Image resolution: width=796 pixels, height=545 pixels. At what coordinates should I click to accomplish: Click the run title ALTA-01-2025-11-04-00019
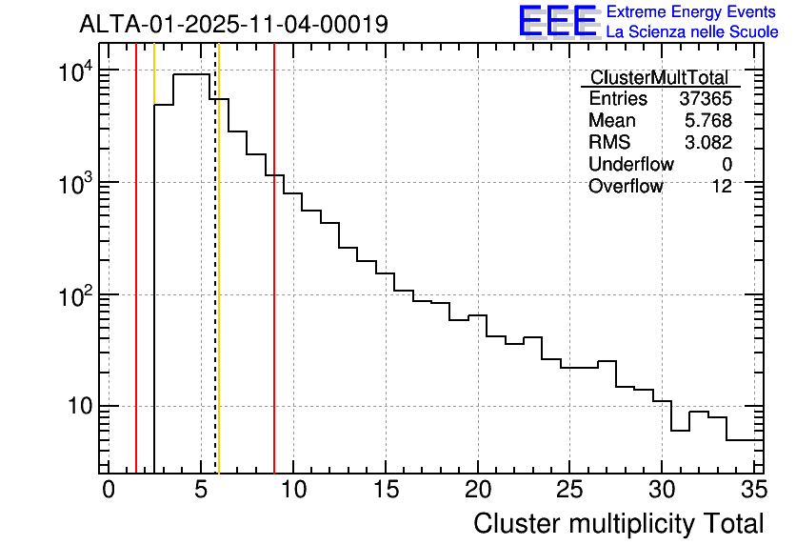pyautogui.click(x=233, y=24)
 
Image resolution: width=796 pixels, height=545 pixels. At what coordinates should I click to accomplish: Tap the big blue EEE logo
pyautogui.click(x=557, y=21)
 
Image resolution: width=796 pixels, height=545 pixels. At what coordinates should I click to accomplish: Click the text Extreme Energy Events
pyautogui.click(x=690, y=12)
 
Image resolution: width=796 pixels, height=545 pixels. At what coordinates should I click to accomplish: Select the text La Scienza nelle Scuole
pyautogui.click(x=692, y=32)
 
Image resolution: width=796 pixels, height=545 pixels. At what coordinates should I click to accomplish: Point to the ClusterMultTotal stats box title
pyautogui.click(x=659, y=78)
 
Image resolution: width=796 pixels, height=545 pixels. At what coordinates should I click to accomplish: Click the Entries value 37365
pyautogui.click(x=706, y=99)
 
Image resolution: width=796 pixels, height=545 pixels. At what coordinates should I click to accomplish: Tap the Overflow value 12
pyautogui.click(x=722, y=187)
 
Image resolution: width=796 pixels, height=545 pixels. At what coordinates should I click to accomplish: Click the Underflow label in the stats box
pyautogui.click(x=630, y=165)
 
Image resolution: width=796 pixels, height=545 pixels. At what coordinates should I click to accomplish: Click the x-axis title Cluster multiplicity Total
pyautogui.click(x=618, y=523)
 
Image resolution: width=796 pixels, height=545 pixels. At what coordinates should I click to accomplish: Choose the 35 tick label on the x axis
pyautogui.click(x=753, y=489)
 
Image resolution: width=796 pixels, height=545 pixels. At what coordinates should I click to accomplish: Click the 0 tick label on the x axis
pyautogui.click(x=109, y=489)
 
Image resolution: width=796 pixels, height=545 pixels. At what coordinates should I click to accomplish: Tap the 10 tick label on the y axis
pyautogui.click(x=77, y=407)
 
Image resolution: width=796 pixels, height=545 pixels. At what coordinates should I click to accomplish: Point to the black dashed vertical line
pyautogui.click(x=215, y=286)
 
